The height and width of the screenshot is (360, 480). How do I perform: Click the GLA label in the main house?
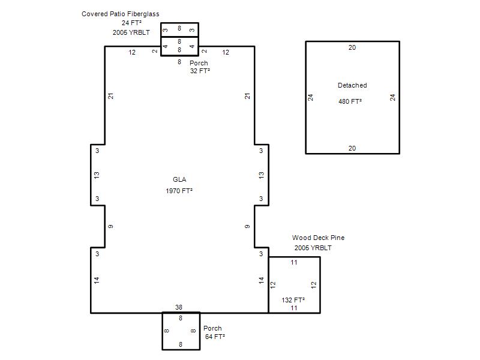(x=179, y=179)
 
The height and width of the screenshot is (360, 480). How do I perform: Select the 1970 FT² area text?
(x=179, y=191)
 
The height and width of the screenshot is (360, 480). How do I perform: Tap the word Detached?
(x=352, y=85)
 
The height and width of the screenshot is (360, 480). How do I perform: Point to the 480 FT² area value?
(x=350, y=101)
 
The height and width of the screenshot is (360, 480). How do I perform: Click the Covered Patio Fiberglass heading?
(x=121, y=14)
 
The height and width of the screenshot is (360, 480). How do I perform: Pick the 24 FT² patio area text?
(x=131, y=23)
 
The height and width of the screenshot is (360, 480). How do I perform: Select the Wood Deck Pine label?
(x=319, y=238)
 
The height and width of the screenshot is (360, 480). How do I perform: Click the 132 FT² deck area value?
(x=293, y=300)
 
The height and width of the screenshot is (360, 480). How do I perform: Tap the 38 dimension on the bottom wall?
(x=179, y=307)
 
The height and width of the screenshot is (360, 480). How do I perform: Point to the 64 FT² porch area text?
(x=215, y=337)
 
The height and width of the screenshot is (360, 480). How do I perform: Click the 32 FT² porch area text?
(x=200, y=71)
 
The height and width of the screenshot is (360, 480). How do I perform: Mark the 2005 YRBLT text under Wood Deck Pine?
(x=313, y=248)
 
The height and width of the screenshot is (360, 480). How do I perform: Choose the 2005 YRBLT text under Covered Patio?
(x=131, y=32)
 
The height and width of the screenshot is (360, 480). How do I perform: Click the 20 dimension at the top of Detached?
(x=352, y=47)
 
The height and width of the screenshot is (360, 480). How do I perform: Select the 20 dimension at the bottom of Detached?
(x=352, y=148)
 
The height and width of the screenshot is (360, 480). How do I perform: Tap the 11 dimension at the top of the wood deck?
(x=294, y=262)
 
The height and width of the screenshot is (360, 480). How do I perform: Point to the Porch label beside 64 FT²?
(x=212, y=328)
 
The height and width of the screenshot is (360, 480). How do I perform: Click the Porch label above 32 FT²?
(x=199, y=63)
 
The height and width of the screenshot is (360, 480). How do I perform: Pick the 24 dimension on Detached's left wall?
(x=311, y=98)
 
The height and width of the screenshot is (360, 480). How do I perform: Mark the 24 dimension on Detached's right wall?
(x=393, y=98)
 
